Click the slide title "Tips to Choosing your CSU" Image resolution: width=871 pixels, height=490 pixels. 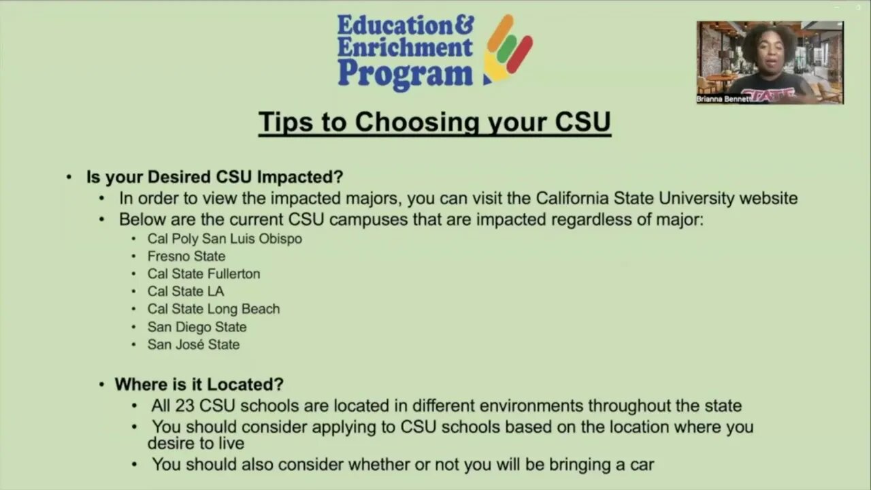[434, 122]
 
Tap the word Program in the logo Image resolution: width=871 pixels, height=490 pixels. [405, 73]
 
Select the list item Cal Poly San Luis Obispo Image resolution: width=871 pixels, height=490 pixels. [225, 239]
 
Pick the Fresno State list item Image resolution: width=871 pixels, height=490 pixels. [186, 257]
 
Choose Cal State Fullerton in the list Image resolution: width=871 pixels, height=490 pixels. [203, 274]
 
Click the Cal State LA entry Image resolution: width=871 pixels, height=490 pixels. [186, 291]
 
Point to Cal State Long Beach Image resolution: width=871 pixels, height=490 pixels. [214, 309]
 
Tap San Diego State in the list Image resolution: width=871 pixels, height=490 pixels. [197, 327]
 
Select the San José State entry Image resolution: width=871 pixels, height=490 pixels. [193, 344]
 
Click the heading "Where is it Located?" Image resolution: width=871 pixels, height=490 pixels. [199, 385]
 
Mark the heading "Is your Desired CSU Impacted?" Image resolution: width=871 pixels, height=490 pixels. [214, 178]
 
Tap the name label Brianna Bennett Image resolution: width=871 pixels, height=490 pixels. [723, 99]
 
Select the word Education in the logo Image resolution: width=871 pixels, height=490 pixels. [395, 26]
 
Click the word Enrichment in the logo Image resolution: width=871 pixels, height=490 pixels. [405, 48]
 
